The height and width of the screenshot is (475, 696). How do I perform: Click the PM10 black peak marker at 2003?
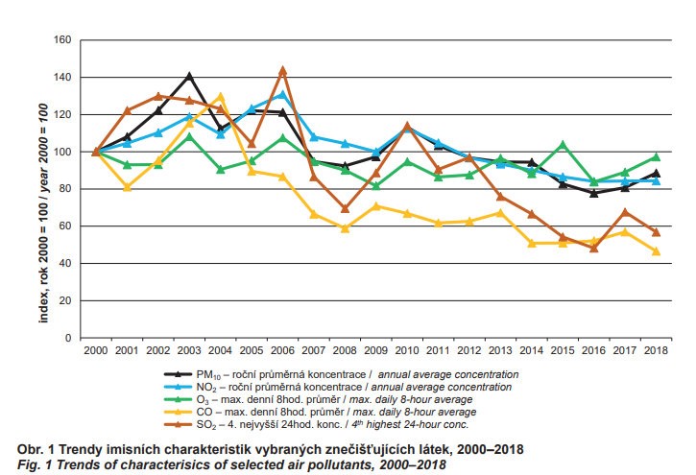point(189,76)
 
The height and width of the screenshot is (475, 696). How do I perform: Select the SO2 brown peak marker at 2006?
point(282,70)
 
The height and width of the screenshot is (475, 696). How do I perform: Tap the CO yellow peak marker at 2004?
point(221,97)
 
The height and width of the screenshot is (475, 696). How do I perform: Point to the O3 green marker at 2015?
point(564,145)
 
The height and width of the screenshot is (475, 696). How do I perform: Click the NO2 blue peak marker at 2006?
point(282,94)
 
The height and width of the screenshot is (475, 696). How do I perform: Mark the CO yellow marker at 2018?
point(657,251)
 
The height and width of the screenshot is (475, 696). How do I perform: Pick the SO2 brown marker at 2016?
point(594,248)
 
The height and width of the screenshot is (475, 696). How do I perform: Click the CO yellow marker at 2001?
point(127,187)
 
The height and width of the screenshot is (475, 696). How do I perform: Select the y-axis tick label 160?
point(64,40)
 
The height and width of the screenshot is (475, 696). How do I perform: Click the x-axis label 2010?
point(407,352)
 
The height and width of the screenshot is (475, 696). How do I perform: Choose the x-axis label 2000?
point(96,352)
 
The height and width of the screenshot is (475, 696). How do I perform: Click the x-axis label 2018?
point(657,352)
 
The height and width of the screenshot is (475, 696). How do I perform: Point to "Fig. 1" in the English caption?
point(35,464)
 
